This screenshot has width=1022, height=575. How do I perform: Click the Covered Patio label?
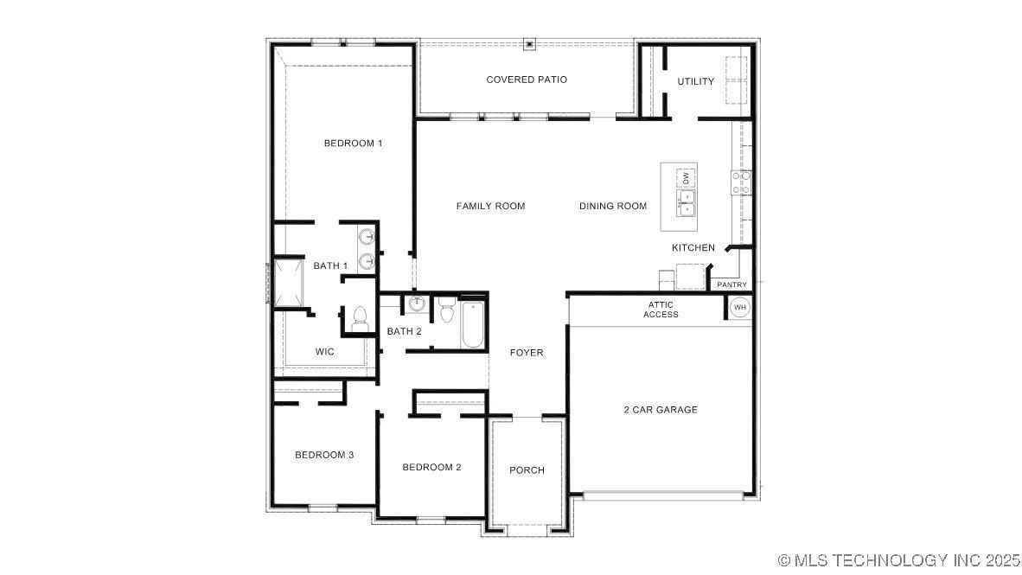click(527, 80)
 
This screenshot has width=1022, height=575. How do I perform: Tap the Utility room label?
click(695, 81)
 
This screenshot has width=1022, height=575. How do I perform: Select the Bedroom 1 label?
click(354, 144)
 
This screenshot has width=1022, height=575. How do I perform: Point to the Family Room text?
click(491, 206)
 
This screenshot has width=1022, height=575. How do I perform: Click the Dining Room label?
click(613, 206)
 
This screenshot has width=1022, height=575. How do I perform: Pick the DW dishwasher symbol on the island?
click(686, 178)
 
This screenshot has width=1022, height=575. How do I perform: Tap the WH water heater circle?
click(740, 308)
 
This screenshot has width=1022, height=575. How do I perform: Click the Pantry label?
click(732, 284)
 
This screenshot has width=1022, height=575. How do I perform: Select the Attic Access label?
click(661, 310)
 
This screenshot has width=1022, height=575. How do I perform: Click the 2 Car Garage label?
click(661, 410)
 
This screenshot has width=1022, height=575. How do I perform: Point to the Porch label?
click(527, 470)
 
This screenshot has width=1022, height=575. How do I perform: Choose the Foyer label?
click(527, 353)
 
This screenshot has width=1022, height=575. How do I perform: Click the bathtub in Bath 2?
click(473, 324)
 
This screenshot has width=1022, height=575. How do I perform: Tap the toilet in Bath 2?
click(446, 310)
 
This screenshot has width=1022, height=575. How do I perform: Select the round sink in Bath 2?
click(417, 303)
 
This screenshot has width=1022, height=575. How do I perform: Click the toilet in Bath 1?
click(359, 319)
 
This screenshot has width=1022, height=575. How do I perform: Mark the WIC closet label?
click(324, 352)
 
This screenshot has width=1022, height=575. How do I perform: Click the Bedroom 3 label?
click(324, 455)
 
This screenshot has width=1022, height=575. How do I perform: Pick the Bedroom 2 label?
click(431, 468)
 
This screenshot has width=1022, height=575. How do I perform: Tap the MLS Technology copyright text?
click(899, 560)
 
